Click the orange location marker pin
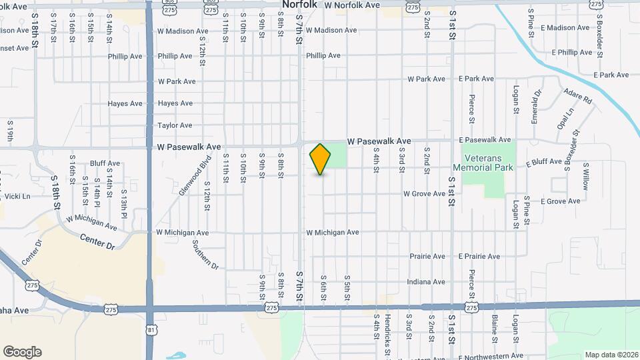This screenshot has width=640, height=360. (321, 159)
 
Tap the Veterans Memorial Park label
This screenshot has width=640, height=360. (483, 163)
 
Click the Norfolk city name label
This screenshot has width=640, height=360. (299, 5)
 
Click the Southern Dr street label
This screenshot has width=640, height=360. (205, 253)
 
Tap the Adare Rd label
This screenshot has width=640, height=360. (577, 97)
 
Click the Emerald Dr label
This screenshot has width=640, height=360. (536, 107)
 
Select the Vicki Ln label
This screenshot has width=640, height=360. (18, 197)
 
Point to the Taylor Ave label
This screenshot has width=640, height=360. (175, 125)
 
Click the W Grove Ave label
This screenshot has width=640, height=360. (424, 194)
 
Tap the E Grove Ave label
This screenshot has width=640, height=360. (560, 201)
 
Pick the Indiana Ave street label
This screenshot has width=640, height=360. (426, 282)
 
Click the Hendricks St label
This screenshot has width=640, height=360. (387, 337)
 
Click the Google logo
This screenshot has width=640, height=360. (22, 352)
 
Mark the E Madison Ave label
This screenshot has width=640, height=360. (565, 28)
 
